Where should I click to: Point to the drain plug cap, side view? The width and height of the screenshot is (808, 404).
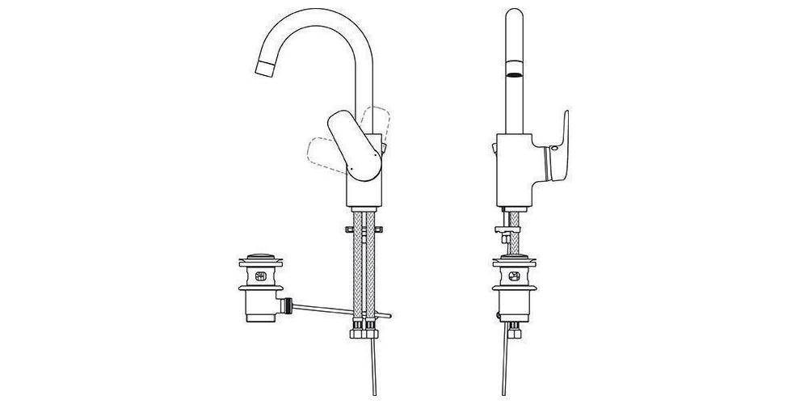click(x=259, y=259)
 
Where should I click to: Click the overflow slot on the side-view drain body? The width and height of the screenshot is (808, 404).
click(x=259, y=276)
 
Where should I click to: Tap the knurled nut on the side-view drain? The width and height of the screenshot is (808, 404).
click(x=259, y=288)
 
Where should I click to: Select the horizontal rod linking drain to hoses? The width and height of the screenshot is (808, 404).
click(x=331, y=310)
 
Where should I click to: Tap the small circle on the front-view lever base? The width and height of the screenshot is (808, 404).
click(x=553, y=152)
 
